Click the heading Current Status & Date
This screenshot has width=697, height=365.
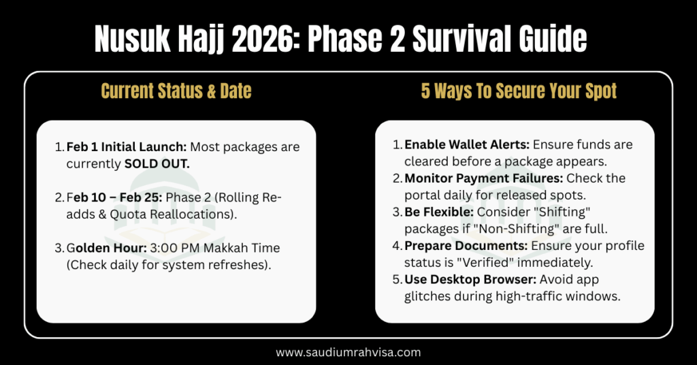coord(176,91)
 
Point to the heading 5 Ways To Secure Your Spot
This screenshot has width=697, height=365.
coord(519,91)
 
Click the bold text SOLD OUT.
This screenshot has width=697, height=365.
coord(157,164)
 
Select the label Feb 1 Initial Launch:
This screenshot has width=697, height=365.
coord(127,147)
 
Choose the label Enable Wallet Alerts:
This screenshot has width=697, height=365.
coord(466,145)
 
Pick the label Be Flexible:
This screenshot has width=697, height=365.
coord(438,212)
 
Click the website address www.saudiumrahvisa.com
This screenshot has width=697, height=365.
coord(348,352)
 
